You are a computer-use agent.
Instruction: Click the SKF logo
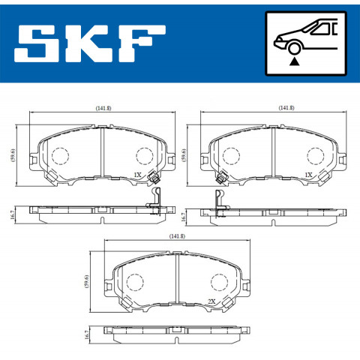(90, 43)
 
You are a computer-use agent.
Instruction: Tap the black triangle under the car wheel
(295, 61)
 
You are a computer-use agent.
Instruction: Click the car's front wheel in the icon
(295, 47)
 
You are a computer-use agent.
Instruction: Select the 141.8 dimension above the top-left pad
(103, 108)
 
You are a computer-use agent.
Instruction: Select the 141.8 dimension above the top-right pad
(286, 108)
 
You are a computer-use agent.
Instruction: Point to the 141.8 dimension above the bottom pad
(177, 236)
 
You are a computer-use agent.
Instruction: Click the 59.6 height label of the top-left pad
(13, 155)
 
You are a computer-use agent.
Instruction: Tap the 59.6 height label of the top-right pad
(184, 155)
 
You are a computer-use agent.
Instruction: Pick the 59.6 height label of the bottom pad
(87, 282)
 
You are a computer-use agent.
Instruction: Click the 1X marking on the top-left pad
(137, 175)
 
